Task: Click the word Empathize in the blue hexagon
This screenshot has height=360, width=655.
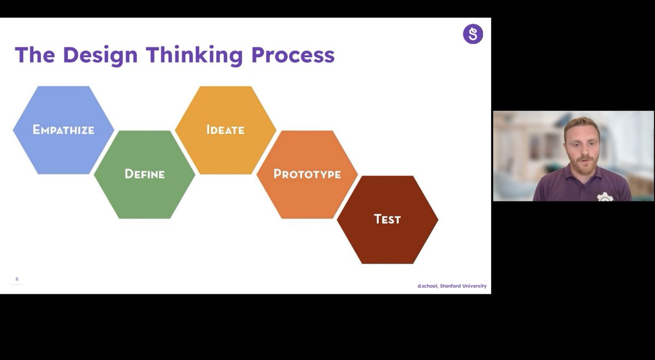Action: (x=63, y=130)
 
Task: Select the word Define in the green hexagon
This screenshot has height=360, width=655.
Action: (x=145, y=174)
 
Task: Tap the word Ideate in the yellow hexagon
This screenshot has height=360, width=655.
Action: (x=225, y=130)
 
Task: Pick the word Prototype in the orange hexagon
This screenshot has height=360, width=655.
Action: (x=307, y=174)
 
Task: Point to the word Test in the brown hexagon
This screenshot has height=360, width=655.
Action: (x=387, y=219)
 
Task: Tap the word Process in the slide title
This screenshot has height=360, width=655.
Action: (x=293, y=55)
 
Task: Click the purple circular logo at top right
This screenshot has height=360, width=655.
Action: (x=473, y=34)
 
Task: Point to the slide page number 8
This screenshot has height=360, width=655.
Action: (x=17, y=279)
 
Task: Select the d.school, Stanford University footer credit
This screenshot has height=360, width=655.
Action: (x=452, y=286)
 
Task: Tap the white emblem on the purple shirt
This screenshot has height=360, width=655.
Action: (x=605, y=197)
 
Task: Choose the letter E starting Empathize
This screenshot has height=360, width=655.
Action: (x=37, y=130)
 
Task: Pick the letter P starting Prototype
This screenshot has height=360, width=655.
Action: (x=277, y=174)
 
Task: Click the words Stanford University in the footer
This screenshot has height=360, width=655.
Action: (x=463, y=286)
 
